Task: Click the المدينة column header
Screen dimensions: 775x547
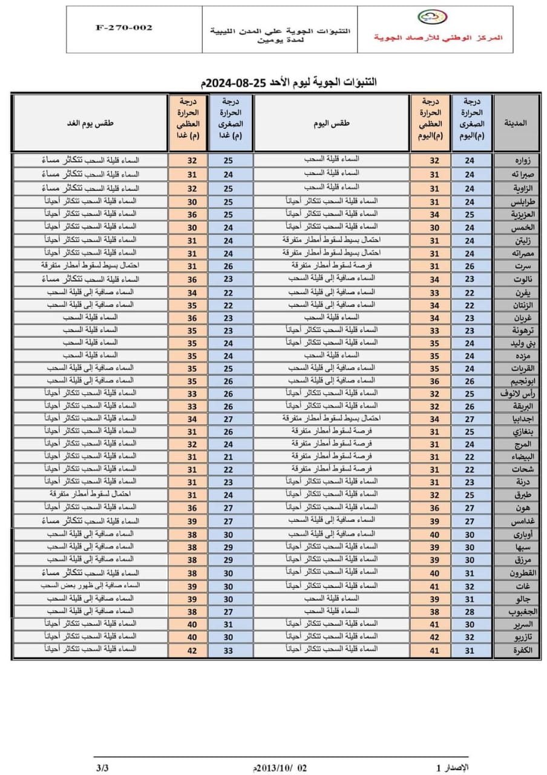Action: click(x=515, y=123)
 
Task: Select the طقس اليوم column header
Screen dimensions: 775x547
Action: click(x=332, y=123)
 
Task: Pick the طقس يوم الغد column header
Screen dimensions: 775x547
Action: click(x=91, y=123)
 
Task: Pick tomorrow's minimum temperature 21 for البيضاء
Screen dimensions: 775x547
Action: click(x=228, y=457)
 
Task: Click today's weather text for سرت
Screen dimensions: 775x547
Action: click(x=332, y=265)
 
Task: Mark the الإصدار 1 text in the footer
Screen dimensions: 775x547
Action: click(x=452, y=768)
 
